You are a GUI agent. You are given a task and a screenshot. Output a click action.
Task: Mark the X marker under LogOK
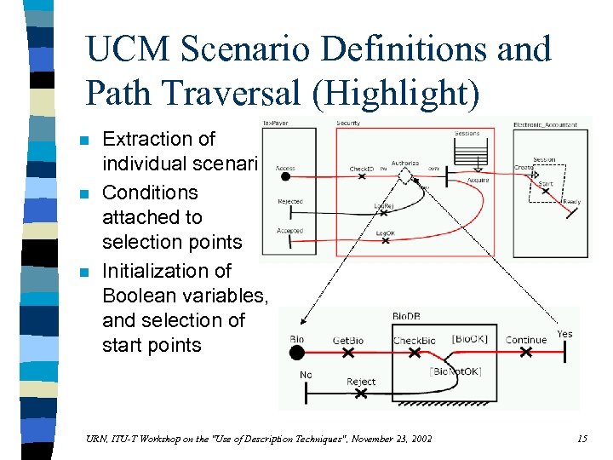[x=385, y=241]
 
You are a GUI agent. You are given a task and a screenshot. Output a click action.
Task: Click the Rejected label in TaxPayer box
[x=289, y=202]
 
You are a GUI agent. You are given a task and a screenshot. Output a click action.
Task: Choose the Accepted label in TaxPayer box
[x=289, y=231]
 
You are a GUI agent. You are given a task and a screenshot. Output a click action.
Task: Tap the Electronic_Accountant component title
[x=545, y=125]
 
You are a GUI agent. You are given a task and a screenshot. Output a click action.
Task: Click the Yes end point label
[x=564, y=334]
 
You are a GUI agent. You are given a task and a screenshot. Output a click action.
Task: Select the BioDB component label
[x=405, y=316]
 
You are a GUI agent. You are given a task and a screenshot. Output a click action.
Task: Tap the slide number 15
[x=581, y=439]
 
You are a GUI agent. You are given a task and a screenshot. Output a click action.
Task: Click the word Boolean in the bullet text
[x=144, y=296]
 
